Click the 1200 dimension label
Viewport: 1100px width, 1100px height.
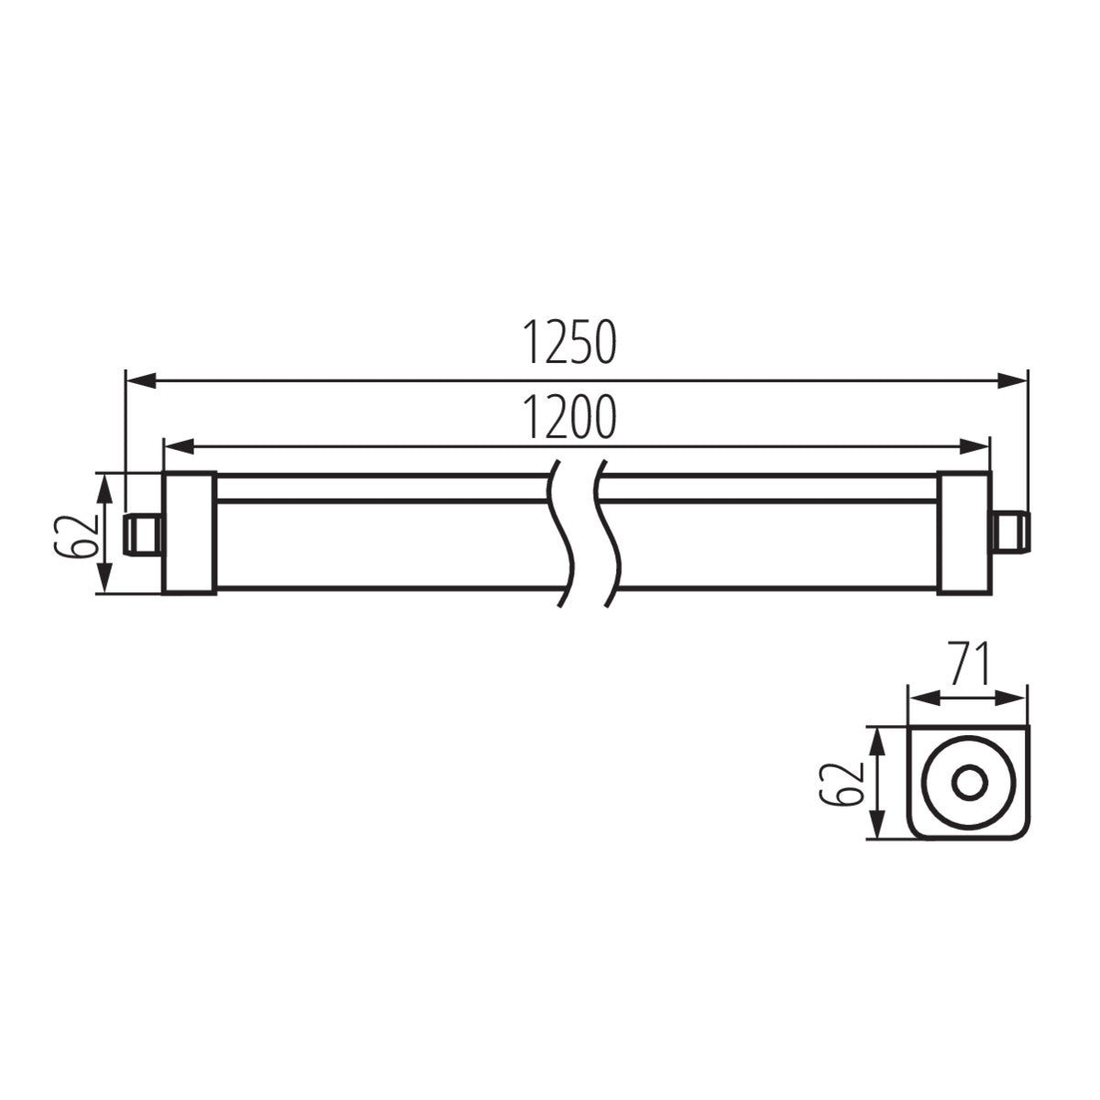[x=570, y=419]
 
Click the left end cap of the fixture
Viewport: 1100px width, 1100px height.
[x=188, y=533]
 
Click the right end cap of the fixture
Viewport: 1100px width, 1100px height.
[x=962, y=533]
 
